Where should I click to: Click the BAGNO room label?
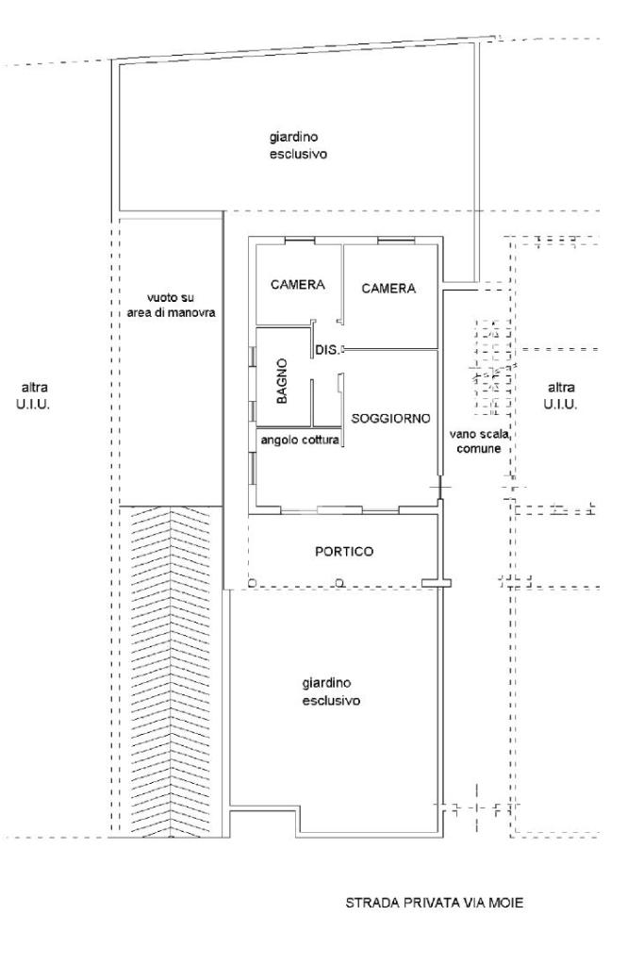282,382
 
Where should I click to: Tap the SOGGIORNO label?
390,419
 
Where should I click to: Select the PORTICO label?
344,552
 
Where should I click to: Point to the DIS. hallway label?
327,350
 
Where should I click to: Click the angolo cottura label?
300,441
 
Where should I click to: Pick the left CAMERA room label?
298,285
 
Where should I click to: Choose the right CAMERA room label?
388,288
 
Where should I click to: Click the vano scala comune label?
479,441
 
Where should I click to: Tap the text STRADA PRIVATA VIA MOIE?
435,903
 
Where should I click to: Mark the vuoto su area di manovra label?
171,306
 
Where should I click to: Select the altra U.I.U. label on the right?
561,396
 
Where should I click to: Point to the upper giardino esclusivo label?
298,146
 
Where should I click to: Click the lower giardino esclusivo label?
331,692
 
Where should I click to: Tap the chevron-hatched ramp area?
170,671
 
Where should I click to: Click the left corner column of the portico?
251,582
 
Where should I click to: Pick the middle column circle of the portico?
339,582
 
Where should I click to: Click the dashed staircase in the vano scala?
492,368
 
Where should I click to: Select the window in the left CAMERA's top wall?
300,240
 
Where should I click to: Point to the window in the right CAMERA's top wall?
396,240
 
